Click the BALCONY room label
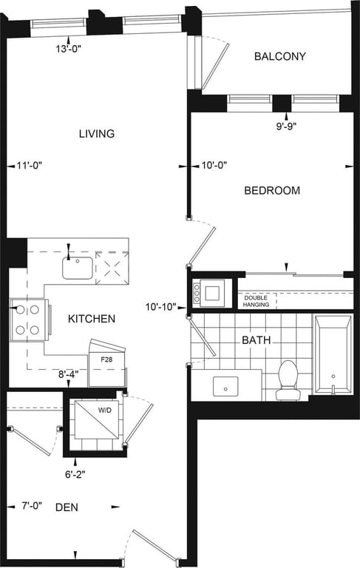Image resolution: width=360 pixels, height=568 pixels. click(280, 56)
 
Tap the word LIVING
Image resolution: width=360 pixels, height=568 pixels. click(97, 134)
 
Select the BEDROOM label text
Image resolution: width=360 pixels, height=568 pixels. click(272, 191)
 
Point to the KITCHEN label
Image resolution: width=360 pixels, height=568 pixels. click(92, 319)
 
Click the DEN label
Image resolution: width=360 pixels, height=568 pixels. click(67, 507)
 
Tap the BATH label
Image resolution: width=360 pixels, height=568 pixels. click(256, 340)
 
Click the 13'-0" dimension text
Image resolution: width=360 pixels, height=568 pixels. click(69, 49)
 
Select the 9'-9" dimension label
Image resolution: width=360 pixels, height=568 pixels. click(286, 126)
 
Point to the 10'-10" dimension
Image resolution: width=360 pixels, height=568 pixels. click(161, 307)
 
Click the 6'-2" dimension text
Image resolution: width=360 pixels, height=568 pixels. click(75, 474)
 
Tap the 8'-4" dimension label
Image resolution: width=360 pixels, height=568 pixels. click(69, 374)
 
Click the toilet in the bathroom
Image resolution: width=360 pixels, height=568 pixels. click(288, 379)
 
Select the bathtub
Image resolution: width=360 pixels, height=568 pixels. click(333, 354)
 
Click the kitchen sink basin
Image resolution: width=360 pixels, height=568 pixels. click(78, 268)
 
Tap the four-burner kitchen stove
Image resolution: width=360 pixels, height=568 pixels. click(28, 319)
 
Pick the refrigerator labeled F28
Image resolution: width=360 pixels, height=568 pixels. click(108, 364)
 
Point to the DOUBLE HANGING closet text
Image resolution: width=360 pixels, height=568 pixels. click(256, 301)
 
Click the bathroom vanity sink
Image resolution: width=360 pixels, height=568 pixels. click(225, 386)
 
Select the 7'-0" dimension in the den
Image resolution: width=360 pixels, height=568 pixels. click(32, 506)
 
